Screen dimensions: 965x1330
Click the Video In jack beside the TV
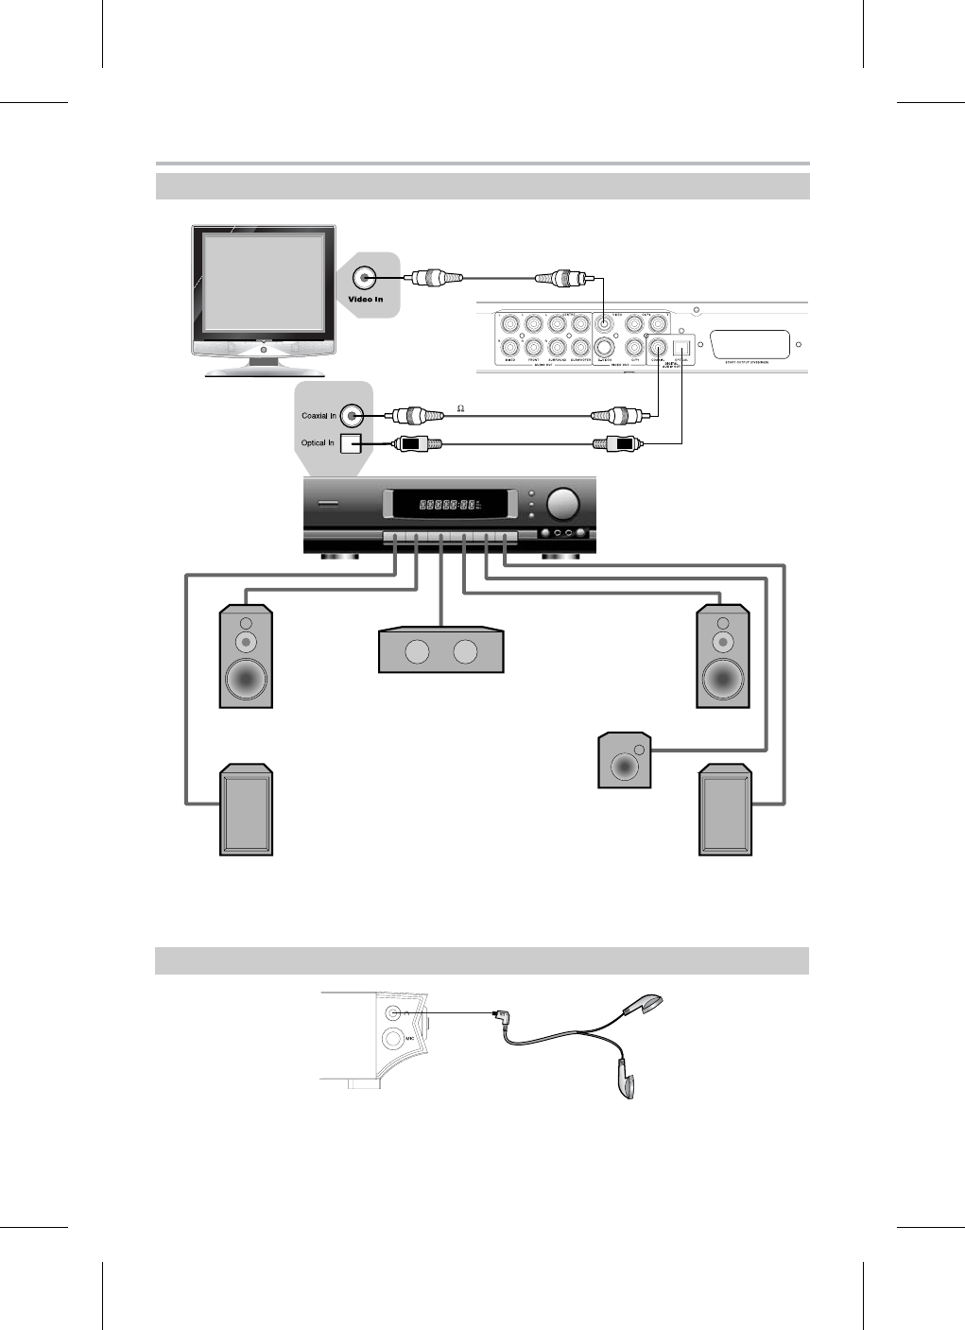(365, 278)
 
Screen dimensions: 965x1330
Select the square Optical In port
(351, 443)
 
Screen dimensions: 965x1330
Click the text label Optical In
(318, 443)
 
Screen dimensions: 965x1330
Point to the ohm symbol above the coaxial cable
(461, 408)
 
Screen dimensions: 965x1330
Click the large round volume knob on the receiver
(563, 504)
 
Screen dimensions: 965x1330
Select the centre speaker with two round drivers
(440, 650)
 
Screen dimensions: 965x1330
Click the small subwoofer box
(625, 759)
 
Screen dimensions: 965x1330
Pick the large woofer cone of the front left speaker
(246, 678)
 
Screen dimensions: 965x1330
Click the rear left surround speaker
(247, 811)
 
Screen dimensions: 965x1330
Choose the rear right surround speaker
(725, 811)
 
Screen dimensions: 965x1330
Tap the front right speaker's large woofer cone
(723, 678)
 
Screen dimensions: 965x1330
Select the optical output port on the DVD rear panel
(681, 346)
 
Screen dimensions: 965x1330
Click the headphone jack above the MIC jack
(394, 1012)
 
